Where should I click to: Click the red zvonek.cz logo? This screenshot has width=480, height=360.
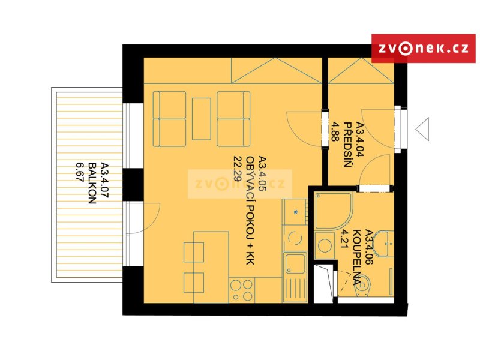click(x=424, y=49)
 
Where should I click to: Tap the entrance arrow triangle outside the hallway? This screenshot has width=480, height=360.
click(x=422, y=129)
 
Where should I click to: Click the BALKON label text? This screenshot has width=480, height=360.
click(x=92, y=184)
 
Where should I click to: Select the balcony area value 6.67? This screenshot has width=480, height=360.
click(x=80, y=172)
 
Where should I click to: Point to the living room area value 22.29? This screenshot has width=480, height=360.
click(x=238, y=169)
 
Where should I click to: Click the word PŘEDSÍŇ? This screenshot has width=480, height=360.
click(x=347, y=145)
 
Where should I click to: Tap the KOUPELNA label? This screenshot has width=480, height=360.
click(x=356, y=257)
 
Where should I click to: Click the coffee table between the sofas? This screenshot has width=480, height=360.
click(x=202, y=119)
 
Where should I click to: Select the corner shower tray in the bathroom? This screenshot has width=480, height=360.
click(x=334, y=211)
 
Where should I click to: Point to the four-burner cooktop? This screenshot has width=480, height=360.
click(x=242, y=290)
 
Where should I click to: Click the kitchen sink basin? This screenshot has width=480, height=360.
click(x=295, y=264)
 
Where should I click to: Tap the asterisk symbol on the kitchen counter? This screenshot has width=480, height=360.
click(x=296, y=212)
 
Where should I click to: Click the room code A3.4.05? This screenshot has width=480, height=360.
click(x=263, y=174)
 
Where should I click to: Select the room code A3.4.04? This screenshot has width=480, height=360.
click(x=359, y=139)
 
